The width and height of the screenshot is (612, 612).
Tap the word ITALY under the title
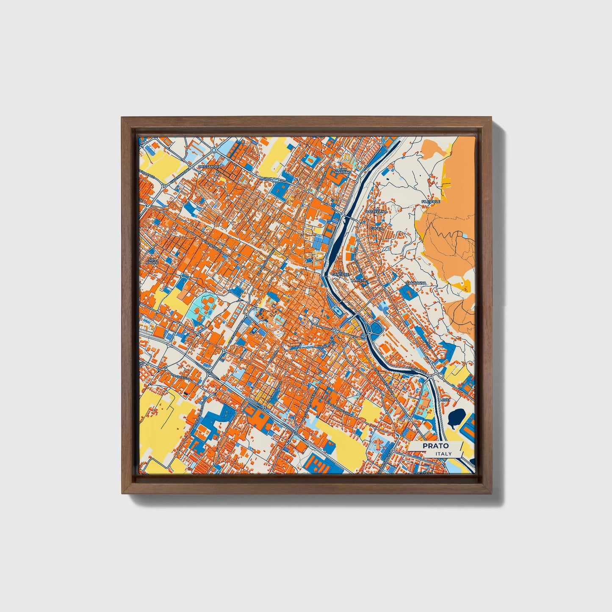443,454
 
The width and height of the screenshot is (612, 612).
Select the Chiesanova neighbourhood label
210,167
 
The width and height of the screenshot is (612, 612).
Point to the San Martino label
343,171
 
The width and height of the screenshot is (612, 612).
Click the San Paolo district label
152,260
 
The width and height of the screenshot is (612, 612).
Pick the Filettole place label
431,202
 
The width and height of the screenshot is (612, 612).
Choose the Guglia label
376,228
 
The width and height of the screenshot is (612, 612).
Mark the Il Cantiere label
340,274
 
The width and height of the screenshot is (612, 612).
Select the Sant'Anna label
415,282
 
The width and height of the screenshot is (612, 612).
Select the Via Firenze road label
418,370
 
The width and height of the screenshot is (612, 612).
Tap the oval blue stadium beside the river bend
337,311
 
